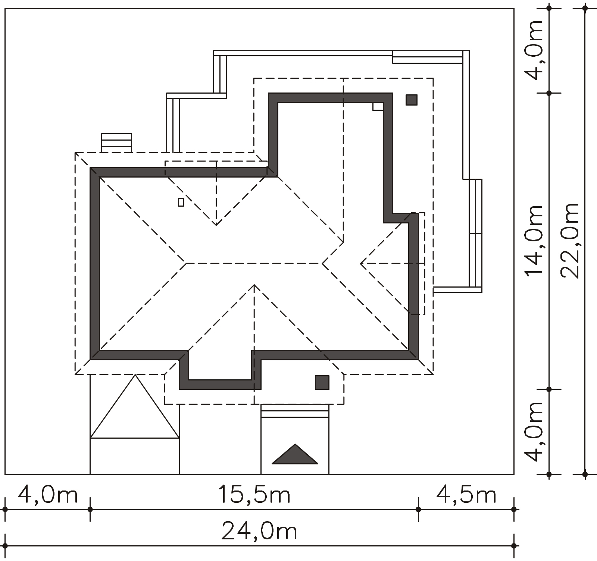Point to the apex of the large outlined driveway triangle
[x=135, y=375]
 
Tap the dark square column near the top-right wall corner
[x=412, y=100]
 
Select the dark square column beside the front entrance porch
[x=322, y=382]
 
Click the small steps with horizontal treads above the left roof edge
[x=116, y=143]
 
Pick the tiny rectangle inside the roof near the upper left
[x=181, y=202]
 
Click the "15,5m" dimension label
[x=254, y=495]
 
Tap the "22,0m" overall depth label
[x=570, y=241]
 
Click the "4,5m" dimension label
[x=466, y=495]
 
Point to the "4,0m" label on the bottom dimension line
[x=48, y=495]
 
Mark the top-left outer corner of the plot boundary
[x=5, y=9]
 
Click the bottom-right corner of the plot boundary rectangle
[x=514, y=474]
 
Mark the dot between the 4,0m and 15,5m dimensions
[x=90, y=509]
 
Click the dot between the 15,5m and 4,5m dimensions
[x=418, y=509]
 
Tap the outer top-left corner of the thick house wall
[x=90, y=168]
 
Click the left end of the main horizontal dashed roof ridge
[x=186, y=263]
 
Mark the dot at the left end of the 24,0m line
[x=5, y=546]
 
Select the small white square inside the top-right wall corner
[x=378, y=106]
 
